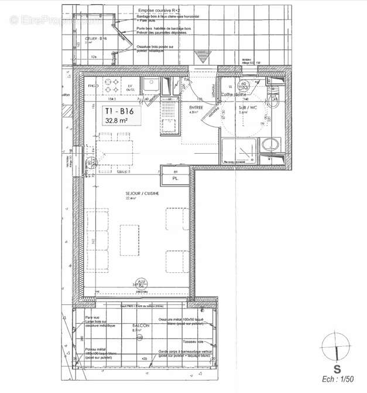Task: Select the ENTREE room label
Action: coord(196,108)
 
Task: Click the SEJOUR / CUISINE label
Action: coord(142,194)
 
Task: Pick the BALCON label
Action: coord(140,326)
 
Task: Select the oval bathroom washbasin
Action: coord(270,144)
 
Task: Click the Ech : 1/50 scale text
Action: coord(338,380)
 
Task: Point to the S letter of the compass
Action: coord(337,369)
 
